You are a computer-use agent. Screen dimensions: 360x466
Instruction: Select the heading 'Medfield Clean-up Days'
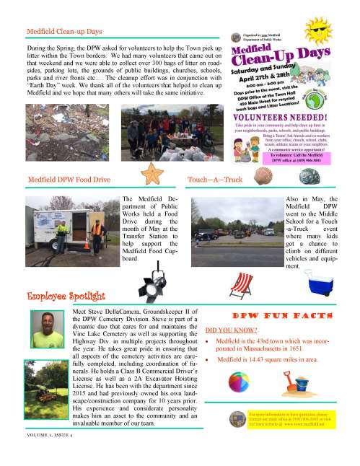pos(64,32)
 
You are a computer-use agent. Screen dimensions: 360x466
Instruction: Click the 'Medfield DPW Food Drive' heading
pos(69,177)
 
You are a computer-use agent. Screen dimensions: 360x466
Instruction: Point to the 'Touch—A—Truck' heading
pos(216,177)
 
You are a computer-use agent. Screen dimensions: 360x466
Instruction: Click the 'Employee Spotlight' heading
pos(66,296)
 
